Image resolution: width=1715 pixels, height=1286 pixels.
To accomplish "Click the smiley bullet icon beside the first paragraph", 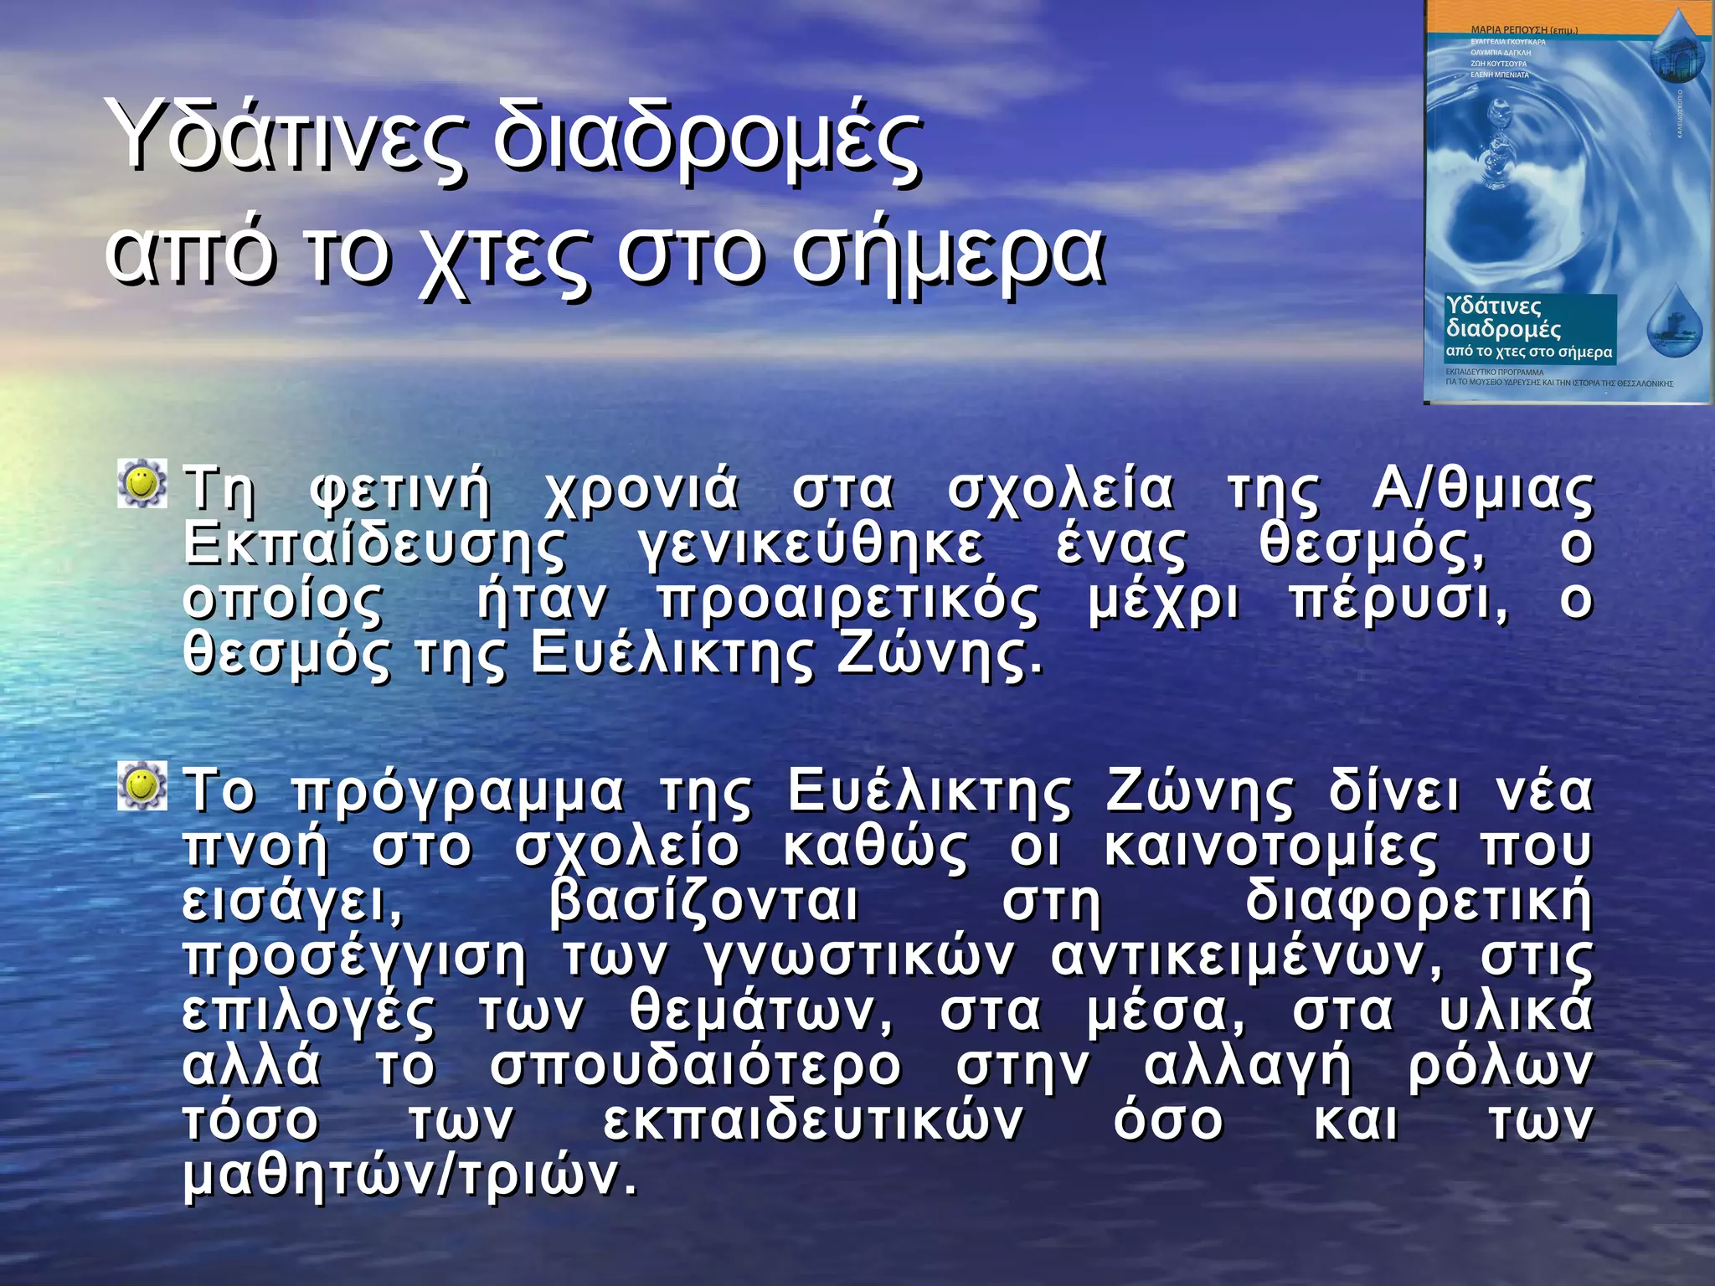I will tap(142, 482).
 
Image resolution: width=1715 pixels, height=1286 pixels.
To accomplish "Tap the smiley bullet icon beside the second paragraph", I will tap(142, 785).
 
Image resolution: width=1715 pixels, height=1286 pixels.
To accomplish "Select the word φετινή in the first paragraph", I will tap(399, 489).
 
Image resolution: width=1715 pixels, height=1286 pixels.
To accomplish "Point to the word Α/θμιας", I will tap(1482, 489).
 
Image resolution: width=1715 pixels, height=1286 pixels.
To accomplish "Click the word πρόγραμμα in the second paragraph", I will tap(458, 792).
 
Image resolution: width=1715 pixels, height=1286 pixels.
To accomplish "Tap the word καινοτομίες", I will tap(1270, 847).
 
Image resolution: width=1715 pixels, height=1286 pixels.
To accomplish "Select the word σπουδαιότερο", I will tap(695, 1067).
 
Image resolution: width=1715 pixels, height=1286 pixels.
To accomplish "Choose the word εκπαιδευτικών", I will tap(811, 1122).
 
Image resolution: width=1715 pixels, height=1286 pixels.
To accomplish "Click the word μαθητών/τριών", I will tap(410, 1177).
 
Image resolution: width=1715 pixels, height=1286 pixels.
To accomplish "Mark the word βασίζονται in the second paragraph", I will tap(703, 903).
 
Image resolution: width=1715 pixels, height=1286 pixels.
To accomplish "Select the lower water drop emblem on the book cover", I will tap(1674, 322).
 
